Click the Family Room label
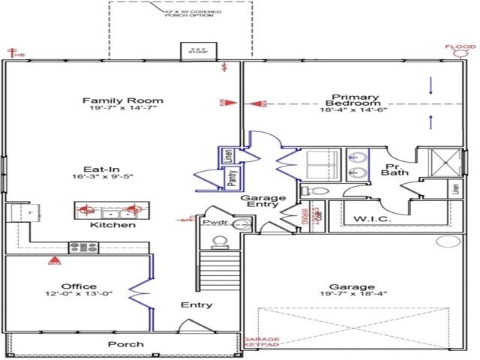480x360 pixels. pos(123,100)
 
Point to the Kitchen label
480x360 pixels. pos(112,225)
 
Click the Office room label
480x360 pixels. pos(79,286)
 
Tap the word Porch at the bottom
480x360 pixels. pos(125,345)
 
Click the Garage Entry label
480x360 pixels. pos(259,199)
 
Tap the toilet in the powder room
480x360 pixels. pos(219,241)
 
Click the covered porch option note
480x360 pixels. pos(191,13)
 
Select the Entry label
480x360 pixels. pos(196,305)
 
